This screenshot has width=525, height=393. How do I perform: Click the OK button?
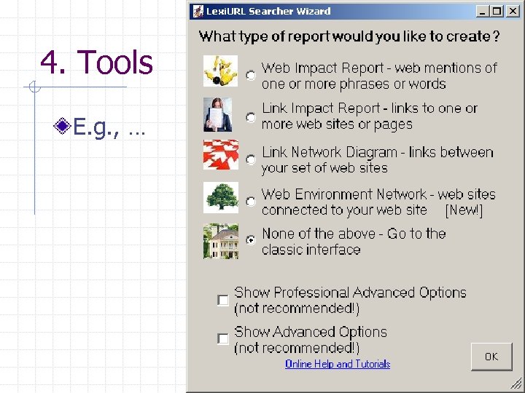pos(491,357)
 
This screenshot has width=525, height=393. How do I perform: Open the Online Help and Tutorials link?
pos(337,364)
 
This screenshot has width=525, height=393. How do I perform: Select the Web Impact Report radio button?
pos(251,75)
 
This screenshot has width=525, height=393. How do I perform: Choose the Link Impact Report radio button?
pos(251,116)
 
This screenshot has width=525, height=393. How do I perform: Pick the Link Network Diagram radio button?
pos(251,159)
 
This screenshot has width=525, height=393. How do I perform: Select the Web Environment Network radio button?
pos(251,201)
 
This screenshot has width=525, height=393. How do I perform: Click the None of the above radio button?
pos(251,240)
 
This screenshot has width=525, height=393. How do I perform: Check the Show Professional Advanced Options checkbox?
pos(222,300)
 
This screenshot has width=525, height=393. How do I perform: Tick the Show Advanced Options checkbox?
pos(222,339)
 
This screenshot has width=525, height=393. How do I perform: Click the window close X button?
pos(512,12)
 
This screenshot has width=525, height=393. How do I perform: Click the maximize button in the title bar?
pos(497,12)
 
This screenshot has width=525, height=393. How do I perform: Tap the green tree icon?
pos(220,197)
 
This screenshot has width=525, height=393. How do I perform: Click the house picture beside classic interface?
pos(220,241)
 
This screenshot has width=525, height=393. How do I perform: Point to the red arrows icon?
pos(220,155)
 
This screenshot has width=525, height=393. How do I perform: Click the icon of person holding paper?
pos(218,114)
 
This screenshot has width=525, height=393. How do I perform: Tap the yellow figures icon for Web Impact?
pos(220,71)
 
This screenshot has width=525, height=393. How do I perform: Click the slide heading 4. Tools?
pos(97,63)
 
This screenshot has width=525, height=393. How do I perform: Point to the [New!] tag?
pos(464,210)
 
